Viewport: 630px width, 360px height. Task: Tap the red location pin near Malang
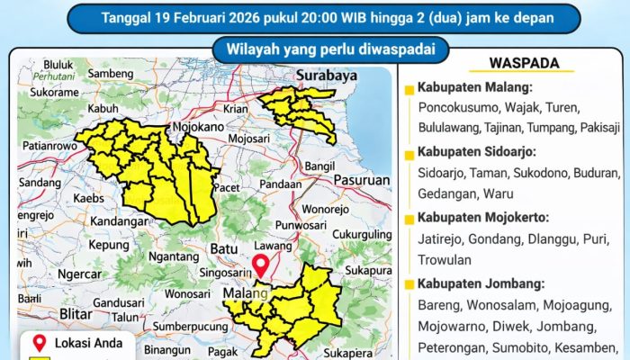click(262, 265)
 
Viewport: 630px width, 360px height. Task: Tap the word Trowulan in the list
click(445, 260)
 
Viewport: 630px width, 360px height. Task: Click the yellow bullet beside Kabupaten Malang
click(410, 89)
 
